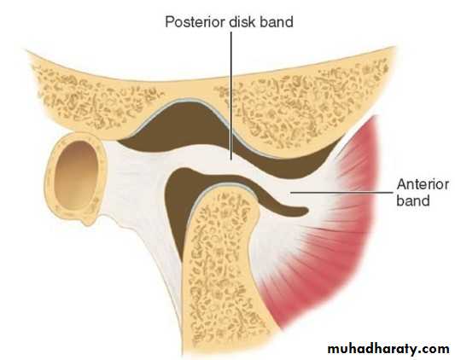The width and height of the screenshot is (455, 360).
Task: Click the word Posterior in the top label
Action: (x=196, y=22)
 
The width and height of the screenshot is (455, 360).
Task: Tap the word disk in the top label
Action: (x=242, y=22)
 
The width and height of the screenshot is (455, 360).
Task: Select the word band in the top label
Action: (x=276, y=22)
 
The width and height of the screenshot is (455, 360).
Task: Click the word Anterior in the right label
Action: (x=423, y=184)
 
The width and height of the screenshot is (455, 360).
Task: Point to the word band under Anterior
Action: (x=413, y=200)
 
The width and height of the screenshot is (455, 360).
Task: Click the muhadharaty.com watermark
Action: (x=388, y=348)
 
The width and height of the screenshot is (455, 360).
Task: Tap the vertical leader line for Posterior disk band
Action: (x=231, y=96)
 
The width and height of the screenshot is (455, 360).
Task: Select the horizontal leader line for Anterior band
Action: (x=341, y=192)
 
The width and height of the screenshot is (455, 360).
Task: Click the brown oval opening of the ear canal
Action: (x=76, y=175)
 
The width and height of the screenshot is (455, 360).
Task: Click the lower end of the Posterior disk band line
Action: (x=231, y=160)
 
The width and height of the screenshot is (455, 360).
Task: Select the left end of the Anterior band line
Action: (x=291, y=192)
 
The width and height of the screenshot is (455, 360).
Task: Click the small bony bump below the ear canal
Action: (x=87, y=221)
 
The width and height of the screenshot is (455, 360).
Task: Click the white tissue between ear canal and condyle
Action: (x=137, y=186)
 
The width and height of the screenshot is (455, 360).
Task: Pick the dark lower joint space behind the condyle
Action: (x=180, y=203)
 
